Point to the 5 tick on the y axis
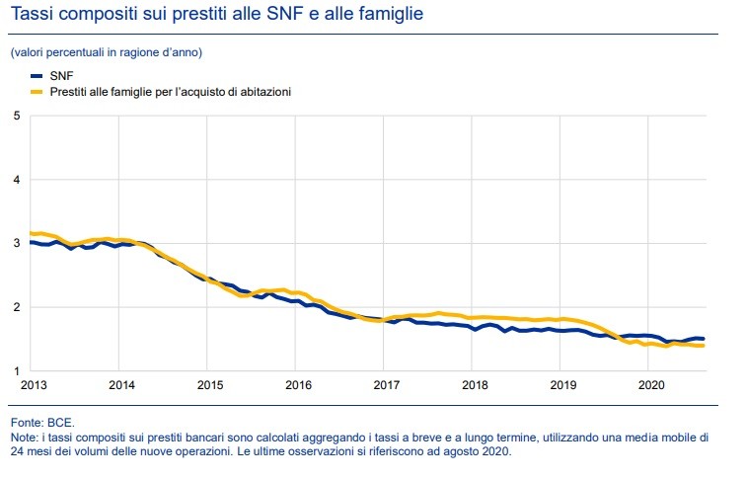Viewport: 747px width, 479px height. (16, 116)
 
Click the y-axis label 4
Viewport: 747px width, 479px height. (16, 180)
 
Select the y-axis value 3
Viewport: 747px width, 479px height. (16, 243)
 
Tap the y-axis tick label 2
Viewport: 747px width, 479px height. (16, 307)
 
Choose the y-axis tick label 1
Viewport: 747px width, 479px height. (16, 371)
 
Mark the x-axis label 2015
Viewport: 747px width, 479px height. (208, 385)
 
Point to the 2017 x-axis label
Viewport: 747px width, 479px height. (386, 385)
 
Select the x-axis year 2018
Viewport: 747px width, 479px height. (475, 385)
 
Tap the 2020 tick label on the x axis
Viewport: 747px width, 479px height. (651, 385)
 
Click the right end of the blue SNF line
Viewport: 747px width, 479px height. (703, 339)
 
